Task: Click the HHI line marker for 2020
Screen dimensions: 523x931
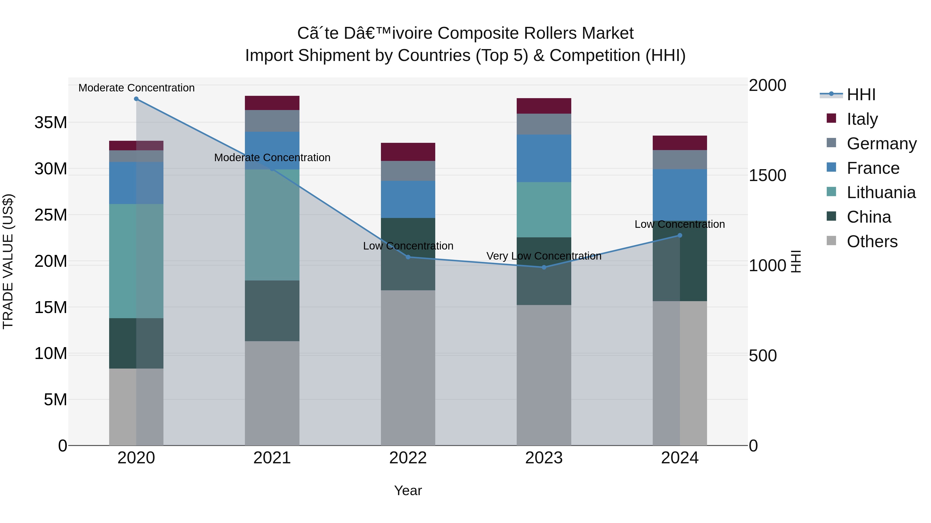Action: [136, 99]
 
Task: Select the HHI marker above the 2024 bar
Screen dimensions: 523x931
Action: [680, 235]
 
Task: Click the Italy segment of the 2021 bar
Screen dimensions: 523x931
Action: [272, 103]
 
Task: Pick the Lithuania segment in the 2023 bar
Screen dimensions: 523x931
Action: [544, 209]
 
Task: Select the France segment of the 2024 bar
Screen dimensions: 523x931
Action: [680, 195]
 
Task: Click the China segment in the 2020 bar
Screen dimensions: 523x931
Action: [123, 343]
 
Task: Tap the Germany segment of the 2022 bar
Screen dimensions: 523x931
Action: [408, 171]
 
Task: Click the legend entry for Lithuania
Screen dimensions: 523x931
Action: [881, 192]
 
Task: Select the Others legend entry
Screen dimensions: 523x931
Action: [872, 241]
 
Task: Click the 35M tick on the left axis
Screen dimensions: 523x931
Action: [51, 123]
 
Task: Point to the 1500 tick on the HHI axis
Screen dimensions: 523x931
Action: [767, 175]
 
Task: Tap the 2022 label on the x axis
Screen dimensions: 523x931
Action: [408, 458]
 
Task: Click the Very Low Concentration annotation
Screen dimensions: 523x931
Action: [544, 256]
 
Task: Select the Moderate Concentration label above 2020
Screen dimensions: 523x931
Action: [136, 88]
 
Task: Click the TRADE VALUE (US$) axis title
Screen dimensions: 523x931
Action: [8, 261]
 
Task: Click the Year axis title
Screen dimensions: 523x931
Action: [408, 490]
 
